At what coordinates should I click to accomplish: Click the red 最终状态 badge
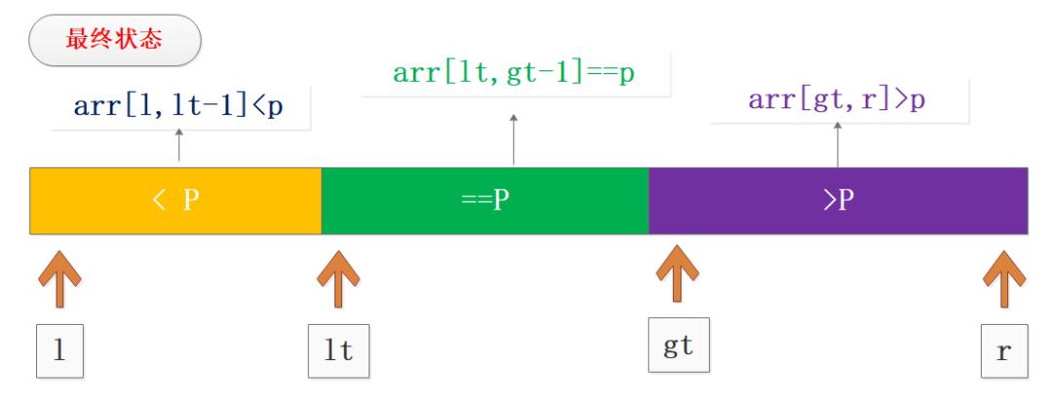pyautogui.click(x=115, y=40)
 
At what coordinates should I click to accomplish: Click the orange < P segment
pyautogui.click(x=175, y=201)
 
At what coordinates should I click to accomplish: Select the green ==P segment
pyautogui.click(x=485, y=201)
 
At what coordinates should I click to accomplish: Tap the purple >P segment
pyautogui.click(x=838, y=201)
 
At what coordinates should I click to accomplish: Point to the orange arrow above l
pyautogui.click(x=59, y=279)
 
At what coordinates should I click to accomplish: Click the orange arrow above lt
pyautogui.click(x=338, y=279)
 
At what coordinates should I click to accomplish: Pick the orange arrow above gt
pyautogui.click(x=678, y=273)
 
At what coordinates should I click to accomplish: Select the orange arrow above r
pyautogui.click(x=1004, y=279)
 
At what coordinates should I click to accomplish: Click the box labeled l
pyautogui.click(x=59, y=351)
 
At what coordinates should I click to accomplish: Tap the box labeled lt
pyautogui.click(x=338, y=351)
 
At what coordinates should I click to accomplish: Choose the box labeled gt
pyautogui.click(x=679, y=345)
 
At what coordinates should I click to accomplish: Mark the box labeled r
pyautogui.click(x=1004, y=351)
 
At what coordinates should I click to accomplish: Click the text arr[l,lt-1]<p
pyautogui.click(x=178, y=106)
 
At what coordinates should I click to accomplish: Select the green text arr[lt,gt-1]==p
pyautogui.click(x=514, y=72)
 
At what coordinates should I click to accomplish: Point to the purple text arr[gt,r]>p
pyautogui.click(x=837, y=100)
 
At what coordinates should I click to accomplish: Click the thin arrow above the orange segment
pyautogui.click(x=178, y=145)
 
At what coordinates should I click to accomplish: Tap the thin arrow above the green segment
pyautogui.click(x=514, y=140)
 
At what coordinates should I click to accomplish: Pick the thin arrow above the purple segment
pyautogui.click(x=838, y=144)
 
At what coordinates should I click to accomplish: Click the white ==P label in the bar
pyautogui.click(x=485, y=201)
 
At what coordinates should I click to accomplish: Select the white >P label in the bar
pyautogui.click(x=838, y=201)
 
